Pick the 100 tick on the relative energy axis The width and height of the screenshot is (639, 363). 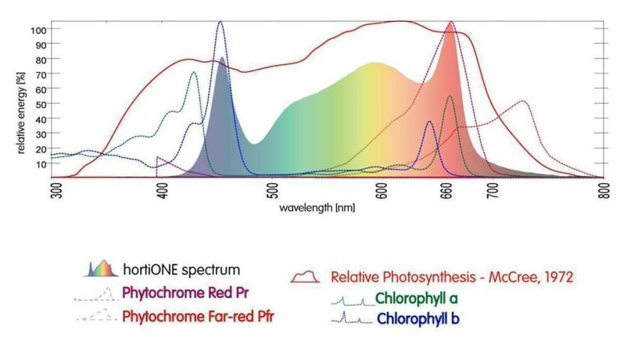pos(38,30)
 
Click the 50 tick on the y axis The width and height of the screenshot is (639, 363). pos(41,104)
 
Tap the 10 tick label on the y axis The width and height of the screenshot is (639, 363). pos(41,163)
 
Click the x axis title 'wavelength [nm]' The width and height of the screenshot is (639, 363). pos(317,208)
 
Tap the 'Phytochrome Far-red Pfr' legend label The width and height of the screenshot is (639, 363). pos(198,317)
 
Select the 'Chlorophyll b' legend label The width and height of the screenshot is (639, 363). pos(418,319)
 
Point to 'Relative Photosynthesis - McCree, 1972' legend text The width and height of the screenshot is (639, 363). pos(452,277)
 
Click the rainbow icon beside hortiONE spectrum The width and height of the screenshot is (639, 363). pos(100,268)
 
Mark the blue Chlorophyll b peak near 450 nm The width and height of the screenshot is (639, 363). pos(220,23)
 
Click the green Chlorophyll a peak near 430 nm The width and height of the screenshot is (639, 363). pos(193,73)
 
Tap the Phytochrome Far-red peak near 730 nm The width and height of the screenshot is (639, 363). pos(523,101)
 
